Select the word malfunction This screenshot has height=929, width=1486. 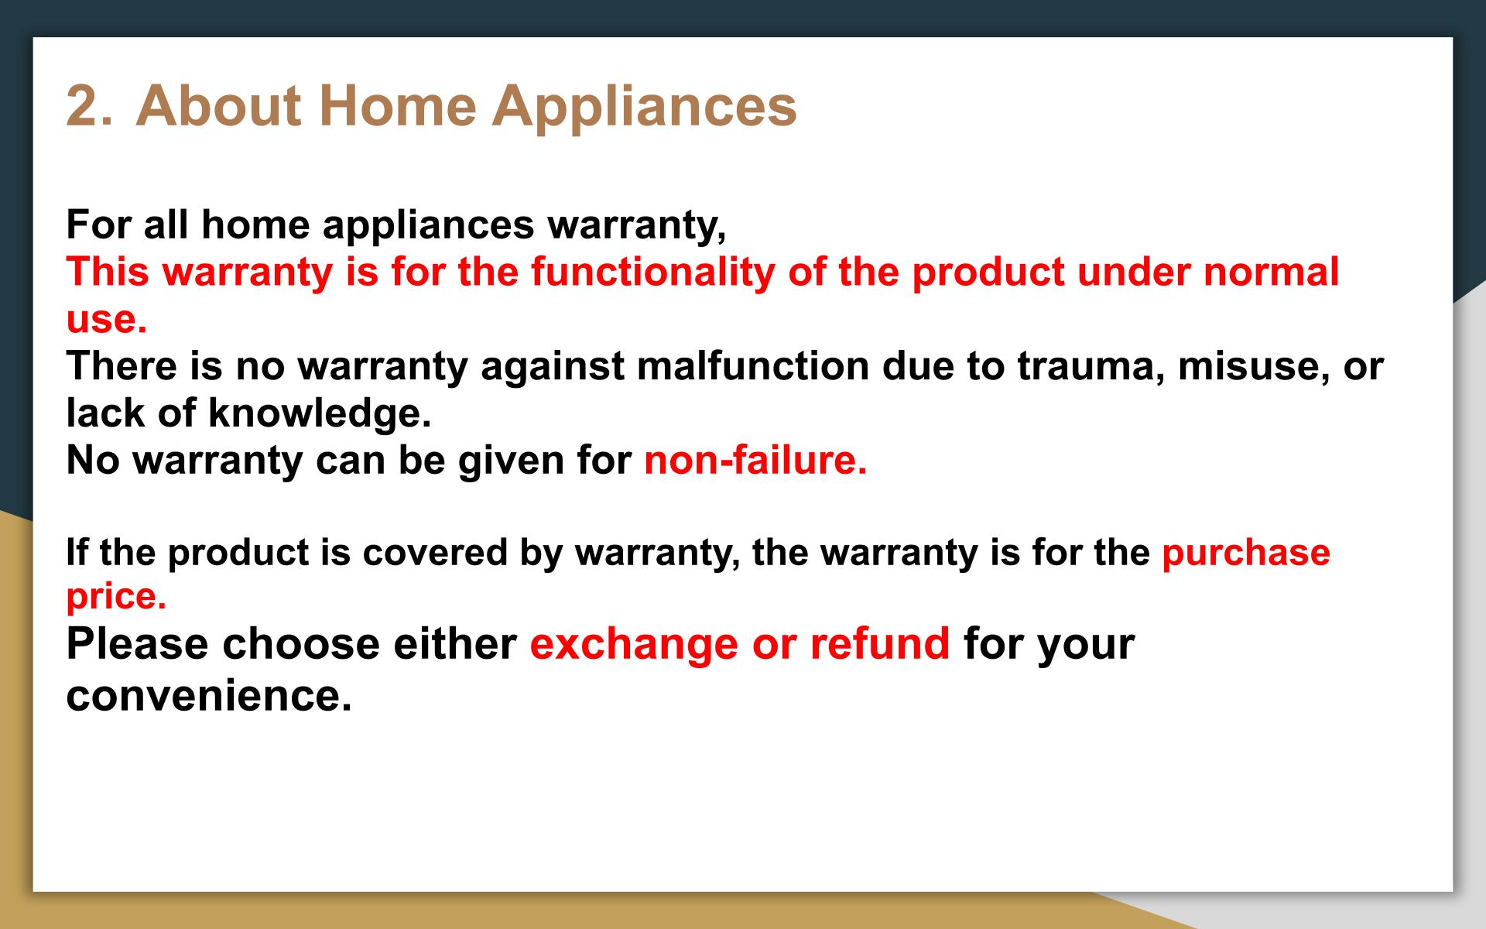[752, 365]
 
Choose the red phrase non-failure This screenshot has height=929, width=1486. [755, 460]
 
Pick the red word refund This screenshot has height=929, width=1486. [880, 644]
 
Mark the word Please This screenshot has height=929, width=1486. [137, 644]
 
